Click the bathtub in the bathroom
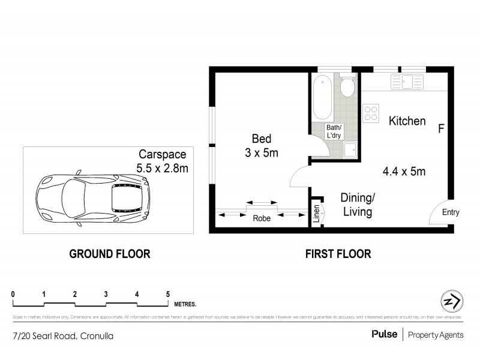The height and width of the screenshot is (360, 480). click(323, 97)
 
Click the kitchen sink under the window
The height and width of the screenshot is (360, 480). click(404, 82)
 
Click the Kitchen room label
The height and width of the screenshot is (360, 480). click(407, 121)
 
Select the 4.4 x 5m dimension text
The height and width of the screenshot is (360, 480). click(404, 172)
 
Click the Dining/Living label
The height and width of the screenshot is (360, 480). click(358, 205)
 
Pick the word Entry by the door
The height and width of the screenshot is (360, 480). click(450, 212)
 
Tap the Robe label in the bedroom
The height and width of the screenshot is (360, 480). click(261, 219)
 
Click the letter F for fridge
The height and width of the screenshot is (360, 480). click(441, 128)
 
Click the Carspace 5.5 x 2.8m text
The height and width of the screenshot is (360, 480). click(163, 161)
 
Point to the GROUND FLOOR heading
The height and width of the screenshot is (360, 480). click(110, 254)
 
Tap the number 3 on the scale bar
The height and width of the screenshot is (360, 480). click(106, 294)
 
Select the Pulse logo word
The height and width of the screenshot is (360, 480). click(384, 335)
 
